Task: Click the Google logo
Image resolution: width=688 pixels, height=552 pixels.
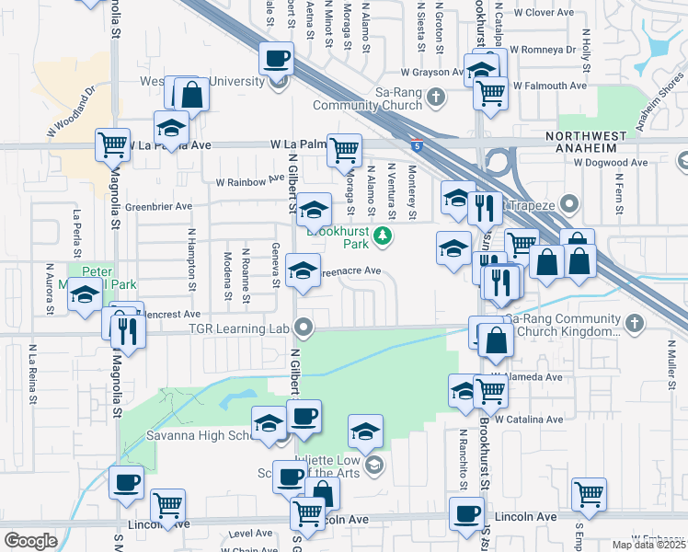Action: click(x=30, y=540)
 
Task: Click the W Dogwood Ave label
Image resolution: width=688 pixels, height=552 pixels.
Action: click(x=607, y=162)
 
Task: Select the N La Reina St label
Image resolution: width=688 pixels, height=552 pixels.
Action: click(x=31, y=374)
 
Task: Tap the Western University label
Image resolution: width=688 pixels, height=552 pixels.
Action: click(x=218, y=81)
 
